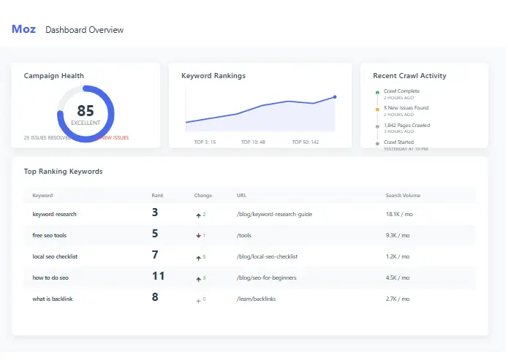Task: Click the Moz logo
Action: (x=23, y=29)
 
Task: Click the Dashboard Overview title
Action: (x=84, y=30)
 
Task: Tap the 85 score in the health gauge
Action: (x=86, y=111)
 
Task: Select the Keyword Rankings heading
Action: (x=213, y=75)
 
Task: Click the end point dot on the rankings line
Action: (x=335, y=96)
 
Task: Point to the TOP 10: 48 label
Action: (x=253, y=142)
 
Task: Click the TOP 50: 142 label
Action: (x=305, y=142)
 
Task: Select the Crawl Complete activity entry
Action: (x=401, y=91)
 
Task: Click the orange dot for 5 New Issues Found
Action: (x=377, y=110)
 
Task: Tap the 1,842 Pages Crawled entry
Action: (x=406, y=125)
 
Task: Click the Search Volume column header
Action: (x=403, y=195)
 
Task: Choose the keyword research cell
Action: (x=54, y=214)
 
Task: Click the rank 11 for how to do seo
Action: (x=158, y=276)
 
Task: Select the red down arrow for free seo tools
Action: (x=197, y=236)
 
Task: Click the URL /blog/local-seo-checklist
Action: (x=267, y=256)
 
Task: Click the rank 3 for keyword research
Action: (x=155, y=213)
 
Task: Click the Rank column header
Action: (x=157, y=195)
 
